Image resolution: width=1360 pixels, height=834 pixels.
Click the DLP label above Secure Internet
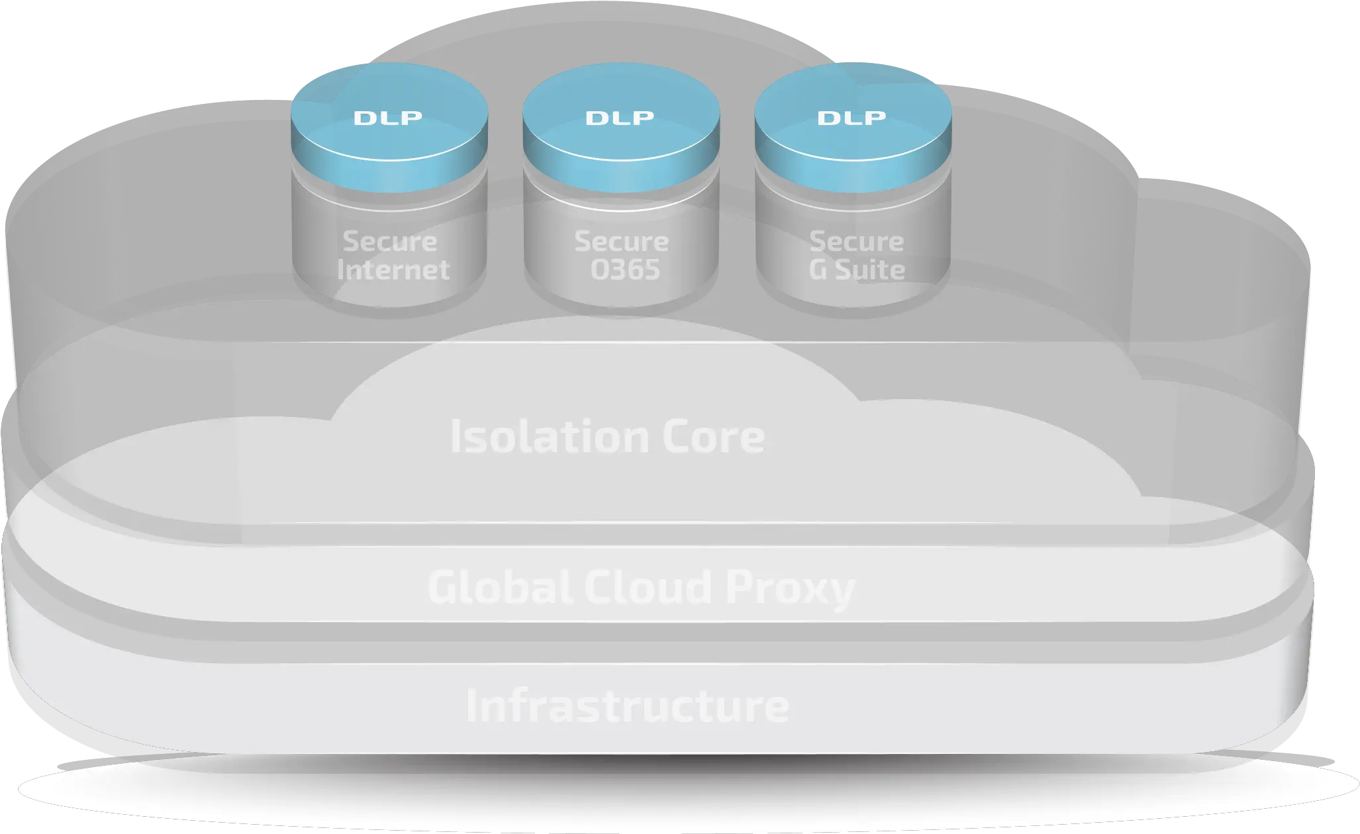[388, 118]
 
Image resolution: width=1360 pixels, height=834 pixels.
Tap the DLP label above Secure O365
[620, 118]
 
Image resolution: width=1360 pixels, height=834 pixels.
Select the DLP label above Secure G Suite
[851, 118]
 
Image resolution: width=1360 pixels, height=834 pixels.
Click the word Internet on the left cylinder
[393, 269]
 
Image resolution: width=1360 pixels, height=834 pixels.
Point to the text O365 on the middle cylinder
[625, 269]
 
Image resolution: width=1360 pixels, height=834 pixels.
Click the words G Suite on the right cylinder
[857, 269]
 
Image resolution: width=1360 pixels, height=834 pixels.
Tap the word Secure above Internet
[390, 241]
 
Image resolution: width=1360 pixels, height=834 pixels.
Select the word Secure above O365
[622, 241]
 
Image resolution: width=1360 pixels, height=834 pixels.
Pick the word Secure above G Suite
[857, 241]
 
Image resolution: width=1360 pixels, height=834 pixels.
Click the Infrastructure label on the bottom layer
[627, 706]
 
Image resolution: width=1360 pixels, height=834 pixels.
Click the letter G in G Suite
[818, 269]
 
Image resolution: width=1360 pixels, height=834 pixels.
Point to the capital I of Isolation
[455, 437]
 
